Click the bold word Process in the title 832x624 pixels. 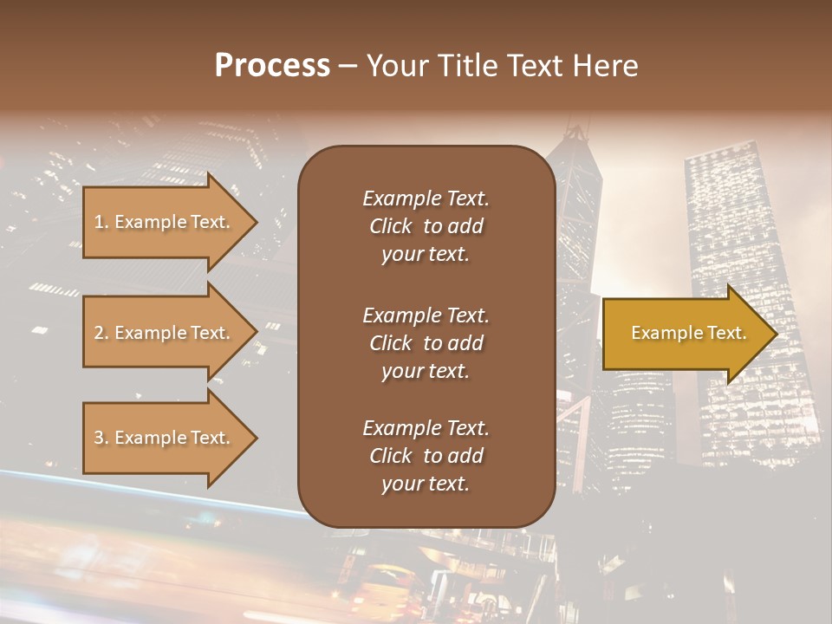click(x=272, y=66)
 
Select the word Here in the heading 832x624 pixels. click(x=606, y=66)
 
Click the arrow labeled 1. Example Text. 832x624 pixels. click(x=165, y=222)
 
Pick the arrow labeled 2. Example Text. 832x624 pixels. click(x=165, y=333)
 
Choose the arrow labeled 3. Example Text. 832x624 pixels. click(x=165, y=438)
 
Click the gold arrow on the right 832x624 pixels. click(x=685, y=334)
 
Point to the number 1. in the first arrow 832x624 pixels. click(x=101, y=222)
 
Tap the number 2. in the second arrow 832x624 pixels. click(x=101, y=333)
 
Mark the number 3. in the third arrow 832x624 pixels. click(x=101, y=438)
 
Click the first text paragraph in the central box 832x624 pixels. click(x=426, y=226)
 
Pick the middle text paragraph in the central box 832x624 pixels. click(x=426, y=343)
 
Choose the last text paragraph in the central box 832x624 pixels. click(x=426, y=456)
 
